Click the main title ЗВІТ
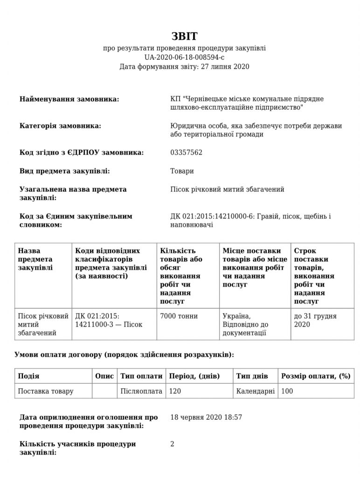coord(185,37)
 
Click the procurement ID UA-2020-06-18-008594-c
coord(185,57)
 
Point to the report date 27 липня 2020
coord(224,67)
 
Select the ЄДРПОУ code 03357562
coord(187,153)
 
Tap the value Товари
coord(182,171)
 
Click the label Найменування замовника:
coord(69,99)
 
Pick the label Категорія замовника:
coord(60,126)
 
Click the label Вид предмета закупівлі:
coord(65,171)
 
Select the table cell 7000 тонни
coord(179,316)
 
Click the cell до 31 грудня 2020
coord(315,320)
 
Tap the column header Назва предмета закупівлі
coord(35,259)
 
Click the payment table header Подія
coord(28,376)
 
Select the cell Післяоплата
coord(141,391)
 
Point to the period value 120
coord(175,391)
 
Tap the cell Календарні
coord(256,391)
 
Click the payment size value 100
coord(287,391)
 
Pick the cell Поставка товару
coord(46,391)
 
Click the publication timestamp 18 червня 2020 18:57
coord(206,417)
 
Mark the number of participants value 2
coord(172,443)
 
